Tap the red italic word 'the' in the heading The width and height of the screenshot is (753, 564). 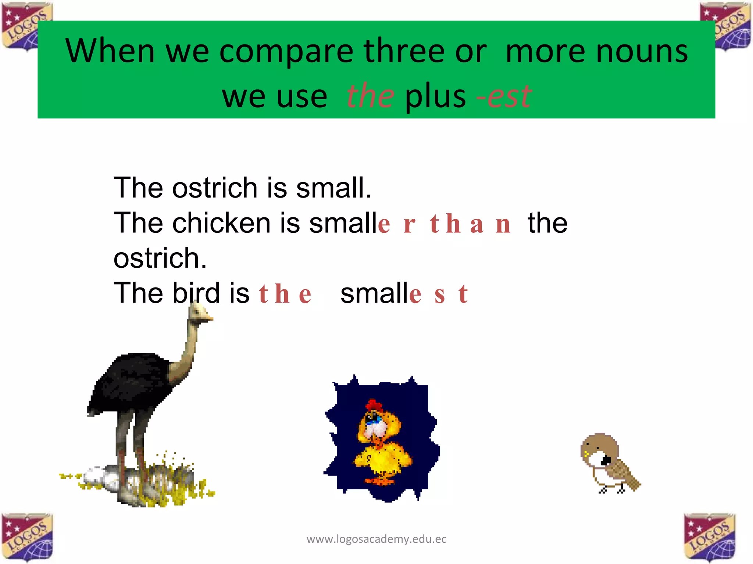(370, 96)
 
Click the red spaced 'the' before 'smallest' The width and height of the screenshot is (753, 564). (285, 294)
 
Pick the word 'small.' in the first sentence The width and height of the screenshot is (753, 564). (333, 188)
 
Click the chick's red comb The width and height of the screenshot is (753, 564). (374, 405)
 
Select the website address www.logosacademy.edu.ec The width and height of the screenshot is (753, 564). (376, 539)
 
